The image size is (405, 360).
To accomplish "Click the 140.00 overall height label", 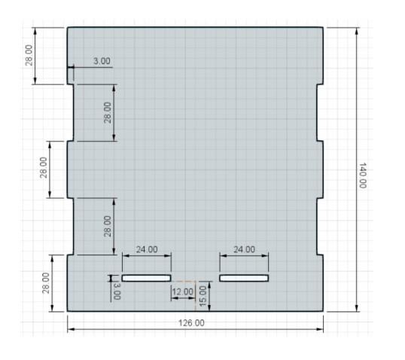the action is click(363, 175).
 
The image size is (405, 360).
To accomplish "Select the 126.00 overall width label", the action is click(191, 323).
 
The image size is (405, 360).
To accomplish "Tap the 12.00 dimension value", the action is click(183, 291).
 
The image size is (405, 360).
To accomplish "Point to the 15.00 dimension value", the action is click(203, 296).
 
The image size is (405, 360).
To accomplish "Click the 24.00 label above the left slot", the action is click(147, 249).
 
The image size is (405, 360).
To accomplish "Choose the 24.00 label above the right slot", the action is click(244, 249).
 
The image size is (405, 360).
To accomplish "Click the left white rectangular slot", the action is click(147, 278).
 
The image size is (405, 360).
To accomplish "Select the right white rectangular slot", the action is click(244, 278).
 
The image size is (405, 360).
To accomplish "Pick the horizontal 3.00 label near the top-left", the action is click(102, 61).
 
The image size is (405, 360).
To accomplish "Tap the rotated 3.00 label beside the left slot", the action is click(117, 291).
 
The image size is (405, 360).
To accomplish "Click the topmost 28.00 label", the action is click(29, 55).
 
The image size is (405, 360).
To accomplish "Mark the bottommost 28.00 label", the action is click(46, 283).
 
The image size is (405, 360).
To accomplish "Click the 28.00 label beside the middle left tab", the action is click(44, 167).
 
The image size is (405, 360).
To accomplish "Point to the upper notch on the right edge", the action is click(320, 113).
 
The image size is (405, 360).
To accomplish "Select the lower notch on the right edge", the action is click(320, 227).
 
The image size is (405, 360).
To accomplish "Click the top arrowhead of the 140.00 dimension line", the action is click(357, 30).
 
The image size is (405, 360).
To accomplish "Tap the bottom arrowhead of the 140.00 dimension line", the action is click(357, 308).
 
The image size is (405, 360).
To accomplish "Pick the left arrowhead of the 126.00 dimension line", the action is click(71, 329).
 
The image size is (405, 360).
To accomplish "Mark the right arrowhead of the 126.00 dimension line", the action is click(320, 329).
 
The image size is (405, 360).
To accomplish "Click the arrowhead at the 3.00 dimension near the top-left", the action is click(72, 67).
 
